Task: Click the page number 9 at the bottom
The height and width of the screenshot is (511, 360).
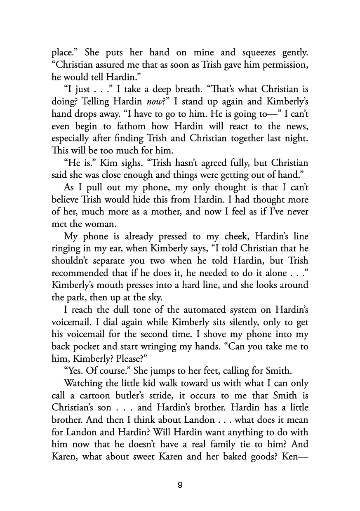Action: [x=180, y=485]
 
